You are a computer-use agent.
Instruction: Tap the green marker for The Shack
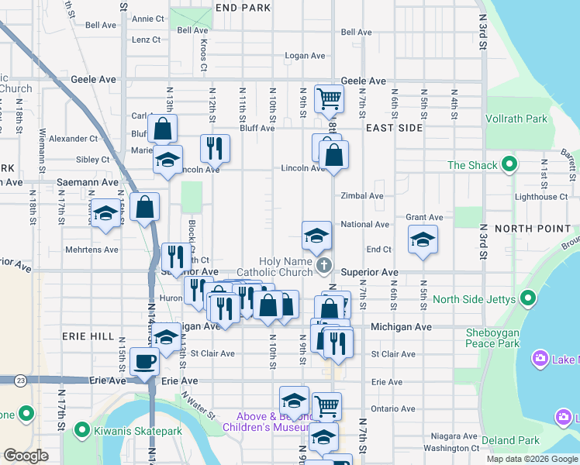pyautogui.click(x=509, y=164)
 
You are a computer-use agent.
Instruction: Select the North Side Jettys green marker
pyautogui.click(x=528, y=298)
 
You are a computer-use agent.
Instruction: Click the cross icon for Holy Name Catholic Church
pyautogui.click(x=326, y=267)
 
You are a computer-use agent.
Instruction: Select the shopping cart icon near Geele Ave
pyautogui.click(x=329, y=98)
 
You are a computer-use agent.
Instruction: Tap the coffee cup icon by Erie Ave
pyautogui.click(x=146, y=361)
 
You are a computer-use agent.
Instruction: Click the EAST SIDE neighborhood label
pyautogui.click(x=395, y=127)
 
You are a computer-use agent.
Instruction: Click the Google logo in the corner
pyautogui.click(x=26, y=455)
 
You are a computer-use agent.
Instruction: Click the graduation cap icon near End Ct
pyautogui.click(x=423, y=239)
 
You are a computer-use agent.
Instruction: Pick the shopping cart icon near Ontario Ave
pyautogui.click(x=326, y=405)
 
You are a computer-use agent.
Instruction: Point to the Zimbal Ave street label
pyautogui.click(x=362, y=197)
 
